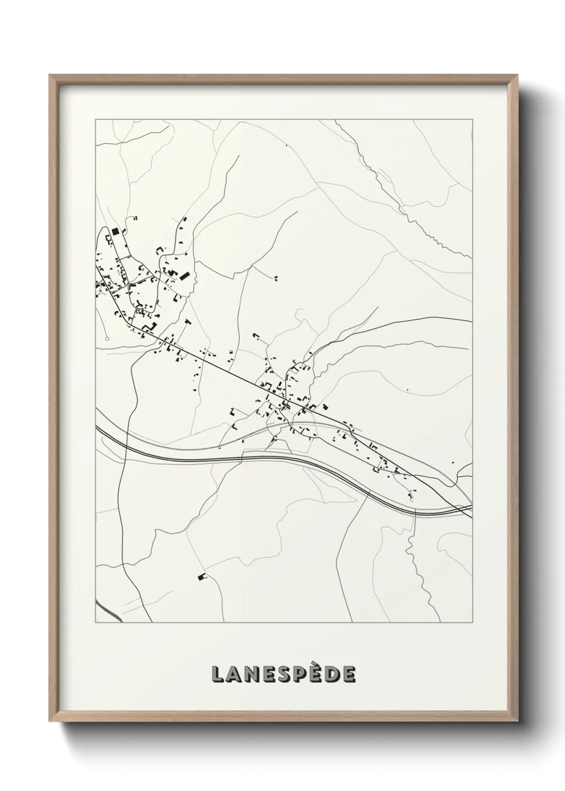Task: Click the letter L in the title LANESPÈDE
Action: (218, 674)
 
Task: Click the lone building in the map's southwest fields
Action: (202, 577)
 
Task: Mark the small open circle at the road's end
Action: (107, 338)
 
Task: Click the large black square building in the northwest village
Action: (115, 231)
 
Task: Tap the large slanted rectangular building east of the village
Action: (184, 276)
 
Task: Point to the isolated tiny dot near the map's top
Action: (286, 145)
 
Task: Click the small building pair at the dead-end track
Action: (276, 277)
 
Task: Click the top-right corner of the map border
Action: (472, 120)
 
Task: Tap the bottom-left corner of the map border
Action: (96, 622)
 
